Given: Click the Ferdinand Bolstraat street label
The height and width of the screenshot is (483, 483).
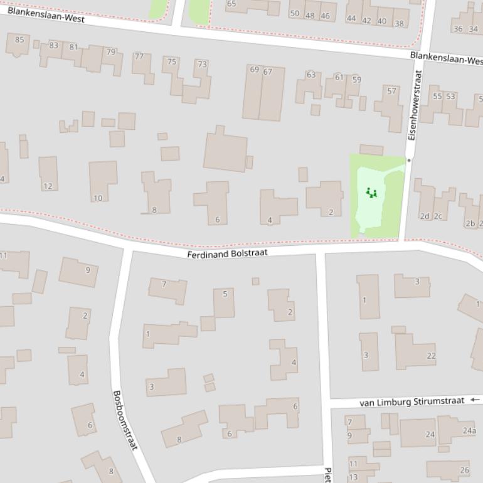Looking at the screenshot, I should (x=227, y=253).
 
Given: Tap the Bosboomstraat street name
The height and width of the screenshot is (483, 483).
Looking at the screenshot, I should (x=124, y=420).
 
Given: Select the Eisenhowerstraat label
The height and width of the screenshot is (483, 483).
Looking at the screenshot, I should (x=413, y=105).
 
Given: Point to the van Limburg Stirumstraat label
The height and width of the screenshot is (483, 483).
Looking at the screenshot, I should (x=411, y=401).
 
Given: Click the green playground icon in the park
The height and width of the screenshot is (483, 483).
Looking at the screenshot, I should (x=371, y=193).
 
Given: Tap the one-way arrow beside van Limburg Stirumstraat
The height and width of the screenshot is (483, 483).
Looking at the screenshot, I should (x=474, y=400).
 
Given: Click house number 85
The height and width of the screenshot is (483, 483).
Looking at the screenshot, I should (x=19, y=40).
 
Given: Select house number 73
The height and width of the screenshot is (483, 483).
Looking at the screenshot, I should (x=201, y=64).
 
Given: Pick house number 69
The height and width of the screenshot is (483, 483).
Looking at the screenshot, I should (x=254, y=70).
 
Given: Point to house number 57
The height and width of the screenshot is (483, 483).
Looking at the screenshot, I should (x=392, y=91).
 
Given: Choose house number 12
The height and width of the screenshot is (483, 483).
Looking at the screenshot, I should (x=48, y=186).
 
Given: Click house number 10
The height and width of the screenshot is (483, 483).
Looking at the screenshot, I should (x=97, y=198).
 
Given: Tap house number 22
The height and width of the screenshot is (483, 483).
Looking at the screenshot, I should (x=431, y=356).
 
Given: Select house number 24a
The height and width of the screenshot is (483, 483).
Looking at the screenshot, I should (x=469, y=430).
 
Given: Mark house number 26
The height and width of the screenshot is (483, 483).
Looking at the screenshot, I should (x=464, y=470).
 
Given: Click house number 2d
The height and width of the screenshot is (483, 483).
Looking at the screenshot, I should (x=425, y=216).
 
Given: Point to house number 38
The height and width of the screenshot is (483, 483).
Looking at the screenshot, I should (x=399, y=24).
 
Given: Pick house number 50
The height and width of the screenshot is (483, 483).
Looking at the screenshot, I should (x=294, y=13).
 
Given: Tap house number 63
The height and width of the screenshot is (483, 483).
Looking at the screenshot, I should (x=310, y=75).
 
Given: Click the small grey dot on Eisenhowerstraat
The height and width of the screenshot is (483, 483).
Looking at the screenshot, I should (x=409, y=161).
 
